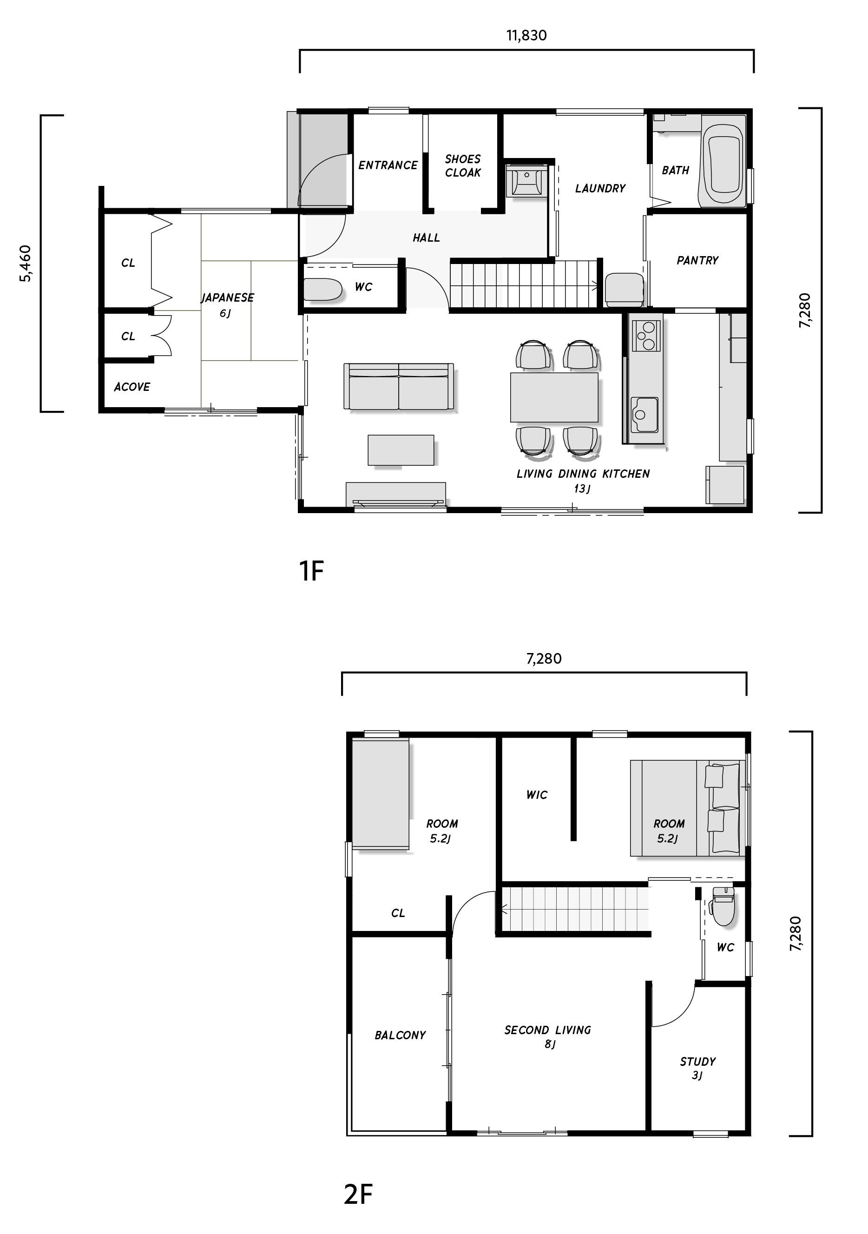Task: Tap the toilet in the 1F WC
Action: pyautogui.click(x=322, y=290)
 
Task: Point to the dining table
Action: pyautogui.click(x=554, y=397)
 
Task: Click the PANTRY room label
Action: pyautogui.click(x=697, y=261)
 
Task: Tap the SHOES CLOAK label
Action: pyautogui.click(x=463, y=165)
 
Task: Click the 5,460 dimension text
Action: pyautogui.click(x=25, y=264)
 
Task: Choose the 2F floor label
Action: pyautogui.click(x=358, y=1194)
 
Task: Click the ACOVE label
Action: pyautogui.click(x=132, y=387)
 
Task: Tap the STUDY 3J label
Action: pyautogui.click(x=697, y=1068)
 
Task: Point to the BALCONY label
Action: pyautogui.click(x=400, y=1035)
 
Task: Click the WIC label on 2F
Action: pyautogui.click(x=536, y=795)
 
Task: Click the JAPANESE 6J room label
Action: pyautogui.click(x=227, y=305)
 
